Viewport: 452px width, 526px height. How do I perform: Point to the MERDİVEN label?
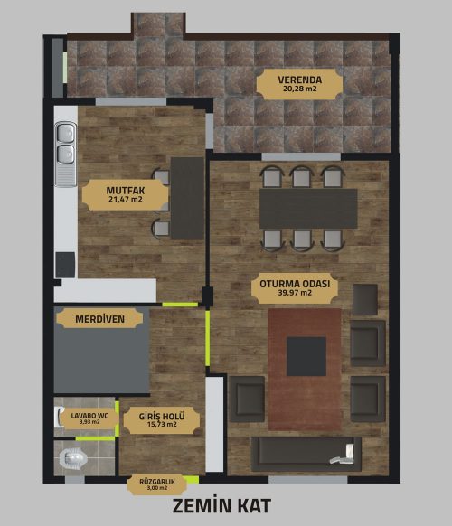pos(99,319)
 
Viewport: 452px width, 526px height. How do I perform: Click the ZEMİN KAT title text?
pos(221,506)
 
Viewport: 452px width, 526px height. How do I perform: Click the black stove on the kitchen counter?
pos(65,265)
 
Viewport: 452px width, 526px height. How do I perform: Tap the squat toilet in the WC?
pos(73,458)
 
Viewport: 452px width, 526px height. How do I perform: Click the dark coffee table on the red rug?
pos(306,357)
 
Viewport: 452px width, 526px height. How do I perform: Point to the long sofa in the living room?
pos(306,455)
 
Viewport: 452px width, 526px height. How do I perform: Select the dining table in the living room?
pos(308,209)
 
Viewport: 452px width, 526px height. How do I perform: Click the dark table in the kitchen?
pos(187,198)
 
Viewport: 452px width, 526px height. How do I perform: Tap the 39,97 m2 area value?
pos(295,293)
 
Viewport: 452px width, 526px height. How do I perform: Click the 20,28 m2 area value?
pos(299,89)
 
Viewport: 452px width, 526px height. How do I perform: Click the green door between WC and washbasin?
pos(95,438)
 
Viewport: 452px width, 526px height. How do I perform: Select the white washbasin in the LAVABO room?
pos(58,417)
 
